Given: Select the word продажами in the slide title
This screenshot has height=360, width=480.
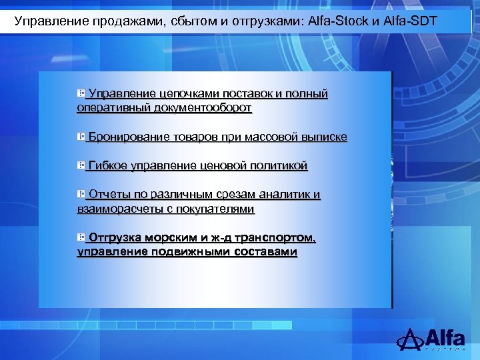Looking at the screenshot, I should [109, 21].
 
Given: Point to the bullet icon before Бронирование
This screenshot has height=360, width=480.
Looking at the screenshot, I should [81, 137].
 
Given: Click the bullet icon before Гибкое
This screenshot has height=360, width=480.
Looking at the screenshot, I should [81, 165].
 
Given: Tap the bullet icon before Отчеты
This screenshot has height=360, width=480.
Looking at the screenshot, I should [81, 194].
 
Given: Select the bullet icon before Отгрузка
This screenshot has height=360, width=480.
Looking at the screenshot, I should [81, 237].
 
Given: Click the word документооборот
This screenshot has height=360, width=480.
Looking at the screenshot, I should [203, 107].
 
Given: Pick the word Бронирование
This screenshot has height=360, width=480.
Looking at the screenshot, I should [128, 137].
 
